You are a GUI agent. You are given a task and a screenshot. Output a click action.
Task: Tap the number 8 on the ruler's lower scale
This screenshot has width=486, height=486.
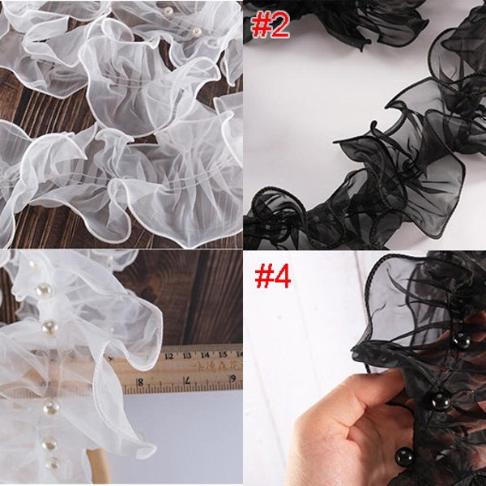coord(139,381)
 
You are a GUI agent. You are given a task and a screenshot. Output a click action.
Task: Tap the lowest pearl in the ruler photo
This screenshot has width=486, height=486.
coord(53,464)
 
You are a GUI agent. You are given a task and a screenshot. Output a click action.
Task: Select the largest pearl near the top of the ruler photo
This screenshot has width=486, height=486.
coord(44,289)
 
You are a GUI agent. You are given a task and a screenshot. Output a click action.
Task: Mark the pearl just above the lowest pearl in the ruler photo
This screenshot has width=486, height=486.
coord(50,443)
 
